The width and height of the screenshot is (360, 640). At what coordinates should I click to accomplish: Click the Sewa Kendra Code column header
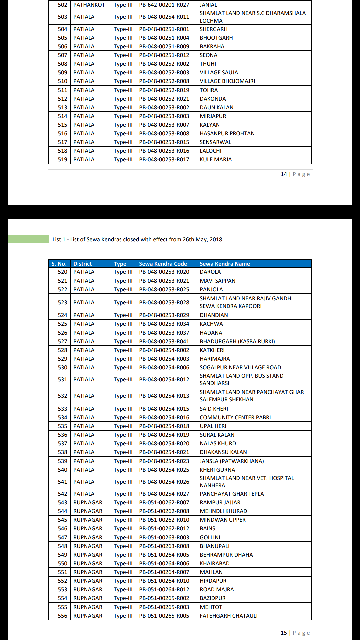tap(163, 264)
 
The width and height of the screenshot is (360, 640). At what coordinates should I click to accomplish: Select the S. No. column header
tap(59, 264)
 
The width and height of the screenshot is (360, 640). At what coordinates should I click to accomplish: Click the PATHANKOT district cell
tap(89, 5)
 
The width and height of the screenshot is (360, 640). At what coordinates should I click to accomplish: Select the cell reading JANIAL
tap(208, 5)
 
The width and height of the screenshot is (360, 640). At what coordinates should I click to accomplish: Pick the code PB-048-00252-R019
tap(164, 90)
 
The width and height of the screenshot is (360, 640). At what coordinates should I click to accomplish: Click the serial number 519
tap(62, 159)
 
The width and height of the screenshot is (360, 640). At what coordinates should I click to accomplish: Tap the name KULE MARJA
tap(216, 159)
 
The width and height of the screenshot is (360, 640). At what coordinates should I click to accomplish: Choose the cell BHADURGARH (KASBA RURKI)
tap(237, 341)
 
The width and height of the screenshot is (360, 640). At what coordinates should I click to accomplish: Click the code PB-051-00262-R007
tap(164, 502)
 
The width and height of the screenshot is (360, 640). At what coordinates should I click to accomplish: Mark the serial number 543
tap(62, 502)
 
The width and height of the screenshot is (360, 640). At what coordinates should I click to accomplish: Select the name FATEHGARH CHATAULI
tap(229, 616)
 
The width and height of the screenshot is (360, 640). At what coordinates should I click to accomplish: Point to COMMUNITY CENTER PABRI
tap(235, 417)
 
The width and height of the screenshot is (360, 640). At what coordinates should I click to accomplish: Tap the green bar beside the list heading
tap(28, 239)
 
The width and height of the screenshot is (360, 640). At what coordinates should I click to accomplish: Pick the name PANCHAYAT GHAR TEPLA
tap(232, 494)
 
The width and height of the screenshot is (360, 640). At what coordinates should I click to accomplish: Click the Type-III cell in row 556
tap(123, 616)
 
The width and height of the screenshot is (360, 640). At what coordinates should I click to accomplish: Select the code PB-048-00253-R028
tap(164, 302)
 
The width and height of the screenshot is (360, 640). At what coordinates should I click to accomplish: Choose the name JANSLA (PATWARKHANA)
tap(232, 461)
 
